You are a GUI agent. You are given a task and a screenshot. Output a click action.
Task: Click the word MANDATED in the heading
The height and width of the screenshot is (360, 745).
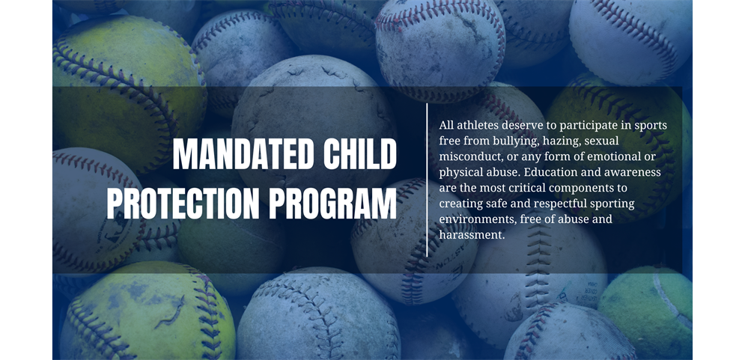click(x=243, y=154)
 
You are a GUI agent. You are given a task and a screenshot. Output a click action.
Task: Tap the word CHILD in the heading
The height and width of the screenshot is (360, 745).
click(x=360, y=154)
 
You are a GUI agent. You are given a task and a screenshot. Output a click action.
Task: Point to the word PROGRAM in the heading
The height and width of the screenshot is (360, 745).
click(x=332, y=204)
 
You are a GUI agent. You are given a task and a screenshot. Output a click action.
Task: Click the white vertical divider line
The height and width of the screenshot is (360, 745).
click(x=427, y=180)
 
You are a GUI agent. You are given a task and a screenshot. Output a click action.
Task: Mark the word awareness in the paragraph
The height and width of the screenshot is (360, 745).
click(x=638, y=172)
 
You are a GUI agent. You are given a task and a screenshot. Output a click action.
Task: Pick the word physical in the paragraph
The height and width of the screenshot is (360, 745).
click(x=458, y=173)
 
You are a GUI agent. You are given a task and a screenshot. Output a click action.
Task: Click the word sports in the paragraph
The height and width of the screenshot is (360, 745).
click(x=651, y=126)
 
